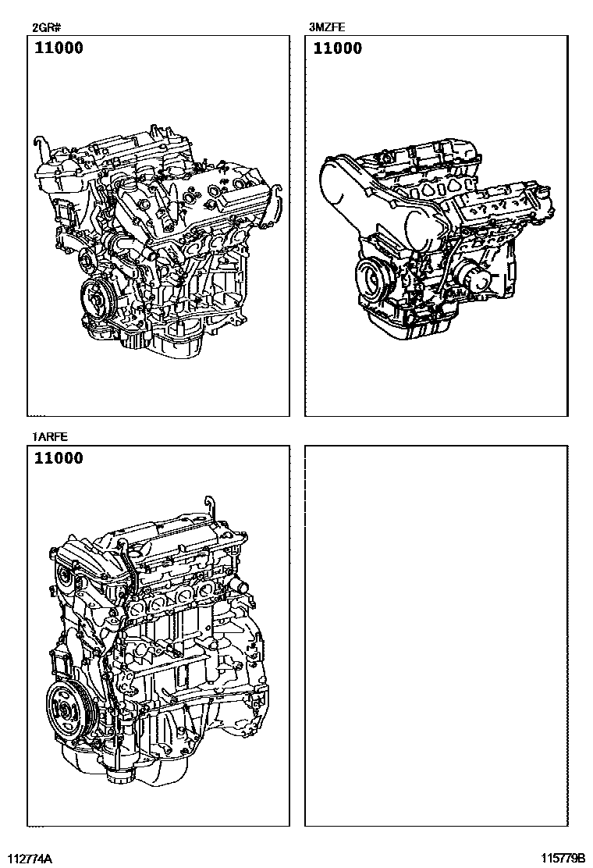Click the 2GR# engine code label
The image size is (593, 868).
pos(43,27)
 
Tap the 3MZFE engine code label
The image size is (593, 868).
pos(327,27)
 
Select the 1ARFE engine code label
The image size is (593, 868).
pos(50,437)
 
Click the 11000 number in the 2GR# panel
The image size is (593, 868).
pos(59,48)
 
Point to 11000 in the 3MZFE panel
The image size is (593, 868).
pos(337,48)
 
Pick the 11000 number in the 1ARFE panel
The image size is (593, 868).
pos(59,458)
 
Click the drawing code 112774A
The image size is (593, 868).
pos(34,859)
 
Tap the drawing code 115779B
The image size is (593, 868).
pos(563,859)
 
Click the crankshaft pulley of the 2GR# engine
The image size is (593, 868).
pos(97,300)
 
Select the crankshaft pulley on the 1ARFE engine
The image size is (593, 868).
pos(66,711)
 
